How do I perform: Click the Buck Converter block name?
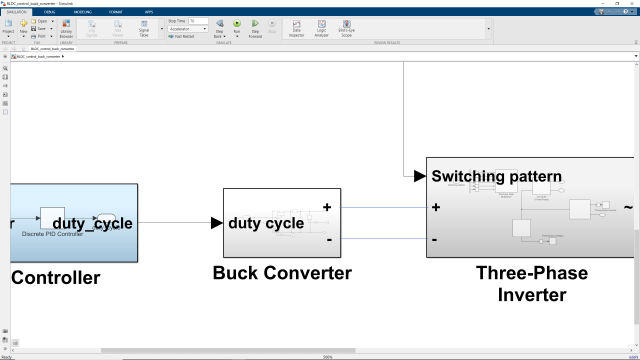282,273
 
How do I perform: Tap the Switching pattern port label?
497,176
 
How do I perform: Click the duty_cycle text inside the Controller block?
92,223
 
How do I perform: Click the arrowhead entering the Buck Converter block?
217,223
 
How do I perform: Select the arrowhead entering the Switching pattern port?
420,176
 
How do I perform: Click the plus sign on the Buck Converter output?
327,208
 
